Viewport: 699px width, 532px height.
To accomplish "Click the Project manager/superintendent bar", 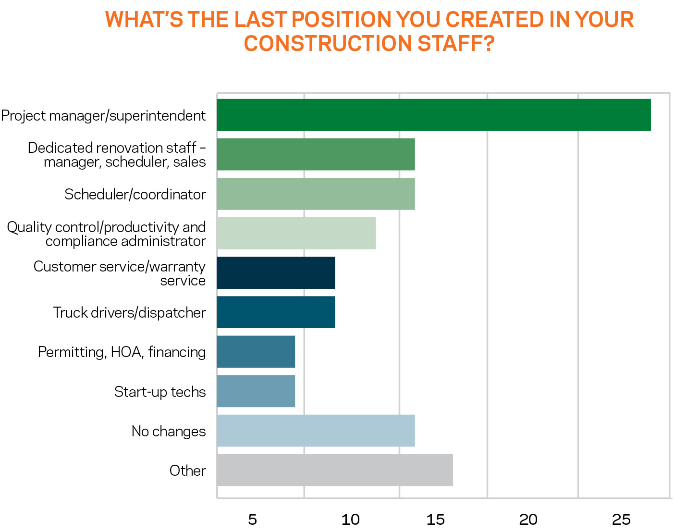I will pyautogui.click(x=433, y=115).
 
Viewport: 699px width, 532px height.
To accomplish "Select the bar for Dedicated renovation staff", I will pyautogui.click(x=316, y=154).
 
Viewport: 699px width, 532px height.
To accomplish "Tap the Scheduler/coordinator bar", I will pyautogui.click(x=316, y=194).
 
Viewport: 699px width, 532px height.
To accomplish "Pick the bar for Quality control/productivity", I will pyautogui.click(x=296, y=233).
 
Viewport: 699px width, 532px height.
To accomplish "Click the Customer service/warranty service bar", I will pyautogui.click(x=276, y=272).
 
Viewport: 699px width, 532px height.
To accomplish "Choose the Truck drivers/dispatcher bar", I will pyautogui.click(x=276, y=312).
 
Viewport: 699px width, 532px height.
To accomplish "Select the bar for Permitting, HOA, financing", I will pyautogui.click(x=256, y=351).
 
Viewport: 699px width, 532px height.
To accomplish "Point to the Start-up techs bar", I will pyautogui.click(x=256, y=391).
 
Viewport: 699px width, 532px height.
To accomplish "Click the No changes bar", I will pyautogui.click(x=316, y=431).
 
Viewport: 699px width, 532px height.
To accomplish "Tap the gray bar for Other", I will pyautogui.click(x=334, y=470).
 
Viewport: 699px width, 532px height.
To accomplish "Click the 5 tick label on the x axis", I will pyautogui.click(x=252, y=520).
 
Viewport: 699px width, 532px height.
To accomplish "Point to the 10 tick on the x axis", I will pyautogui.click(x=350, y=520).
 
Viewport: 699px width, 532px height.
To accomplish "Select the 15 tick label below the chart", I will pyautogui.click(x=436, y=520).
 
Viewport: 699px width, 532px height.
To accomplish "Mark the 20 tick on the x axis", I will pyautogui.click(x=528, y=520).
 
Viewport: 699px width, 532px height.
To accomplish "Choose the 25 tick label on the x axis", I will pyautogui.click(x=621, y=520).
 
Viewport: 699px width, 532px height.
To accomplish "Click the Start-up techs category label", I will pyautogui.click(x=160, y=392).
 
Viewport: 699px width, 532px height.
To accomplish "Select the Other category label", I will pyautogui.click(x=187, y=470).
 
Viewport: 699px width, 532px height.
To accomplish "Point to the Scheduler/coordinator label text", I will pyautogui.click(x=135, y=194).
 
